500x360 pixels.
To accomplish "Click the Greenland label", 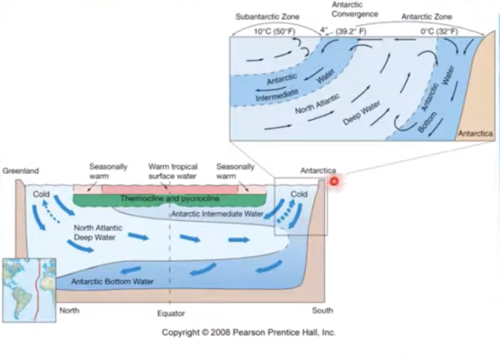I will tap(20, 171).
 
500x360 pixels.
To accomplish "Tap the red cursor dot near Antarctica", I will tap(334, 182).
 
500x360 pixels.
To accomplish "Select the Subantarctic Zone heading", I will tap(267, 17).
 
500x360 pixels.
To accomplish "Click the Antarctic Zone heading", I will tap(426, 17).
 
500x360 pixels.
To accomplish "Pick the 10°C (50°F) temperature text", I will tap(274, 31).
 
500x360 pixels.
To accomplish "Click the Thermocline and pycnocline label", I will tap(169, 198).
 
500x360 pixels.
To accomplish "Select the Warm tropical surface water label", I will tap(172, 171).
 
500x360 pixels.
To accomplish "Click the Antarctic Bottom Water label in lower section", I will tap(112, 281).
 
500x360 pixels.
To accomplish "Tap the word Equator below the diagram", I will tap(171, 313).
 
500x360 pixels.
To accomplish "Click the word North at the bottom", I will tap(69, 311).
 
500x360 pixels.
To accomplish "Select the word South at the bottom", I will tap(322, 311).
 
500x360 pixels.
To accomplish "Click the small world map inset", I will tap(29, 290).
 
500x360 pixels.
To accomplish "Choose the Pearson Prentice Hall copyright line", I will tap(249, 332).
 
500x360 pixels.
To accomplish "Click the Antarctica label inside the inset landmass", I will tap(475, 133).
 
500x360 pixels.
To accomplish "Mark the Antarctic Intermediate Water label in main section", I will tap(217, 214).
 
